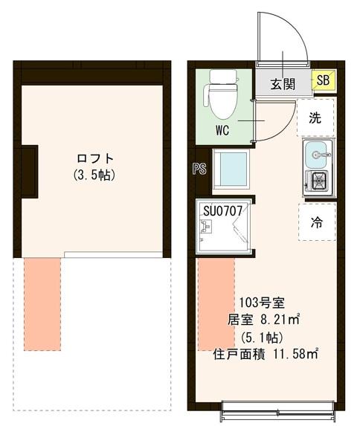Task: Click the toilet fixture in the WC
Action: click(x=222, y=94)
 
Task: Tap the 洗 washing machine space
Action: click(x=315, y=117)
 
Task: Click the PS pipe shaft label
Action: click(x=199, y=169)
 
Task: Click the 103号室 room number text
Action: click(x=263, y=303)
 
